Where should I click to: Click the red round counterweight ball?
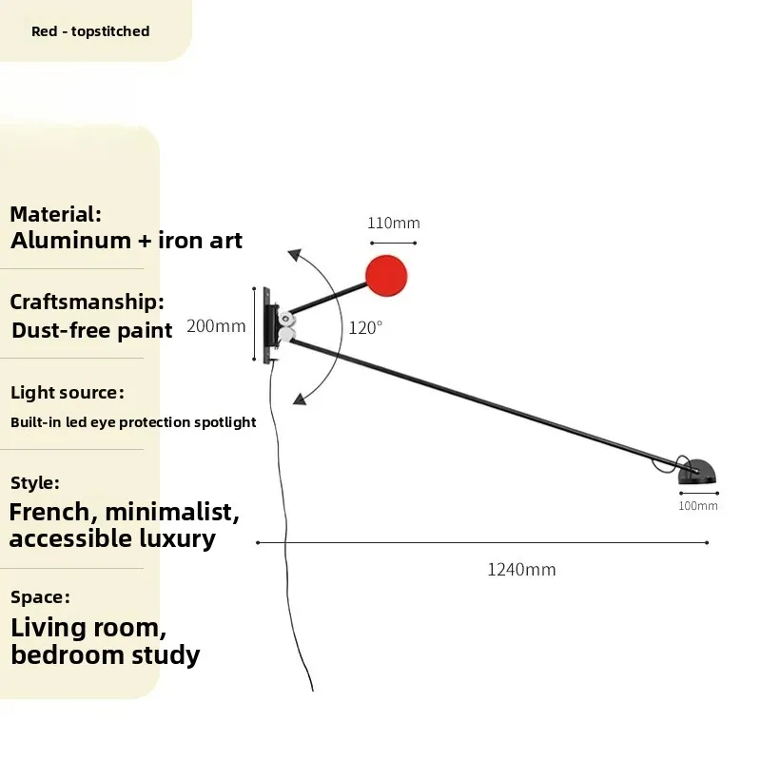point(386,275)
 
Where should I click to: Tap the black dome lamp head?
point(697,472)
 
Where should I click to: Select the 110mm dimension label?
point(394,223)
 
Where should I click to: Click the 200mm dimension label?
point(216,325)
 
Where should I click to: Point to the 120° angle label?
point(365,327)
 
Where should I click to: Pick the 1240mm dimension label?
point(521,569)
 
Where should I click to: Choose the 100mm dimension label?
point(698,506)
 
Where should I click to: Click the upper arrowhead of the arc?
point(294,255)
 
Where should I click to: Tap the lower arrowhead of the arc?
point(300,399)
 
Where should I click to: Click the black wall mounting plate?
point(267,325)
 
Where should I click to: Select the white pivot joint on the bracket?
point(285,326)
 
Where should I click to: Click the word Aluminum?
point(70,241)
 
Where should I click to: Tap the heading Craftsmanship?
point(87,302)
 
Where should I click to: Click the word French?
point(49,512)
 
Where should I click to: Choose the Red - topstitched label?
point(90,31)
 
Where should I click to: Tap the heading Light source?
point(68,392)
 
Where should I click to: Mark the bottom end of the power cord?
point(313,691)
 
